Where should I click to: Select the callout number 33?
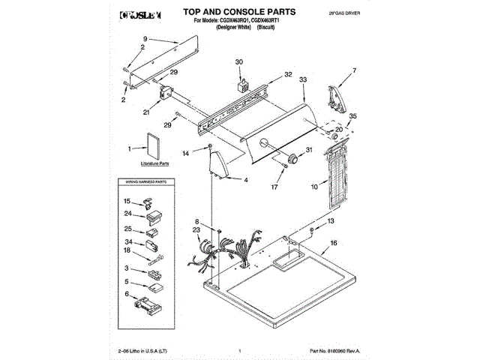pyautogui.click(x=303, y=79)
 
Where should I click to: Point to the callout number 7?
pyautogui.click(x=355, y=71)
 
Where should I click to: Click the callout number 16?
pyautogui.click(x=334, y=243)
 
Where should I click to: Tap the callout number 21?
pyautogui.click(x=146, y=112)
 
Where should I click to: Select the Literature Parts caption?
pyautogui.click(x=155, y=163)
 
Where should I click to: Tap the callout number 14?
pyautogui.click(x=187, y=154)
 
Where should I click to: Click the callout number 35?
pyautogui.click(x=353, y=116)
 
